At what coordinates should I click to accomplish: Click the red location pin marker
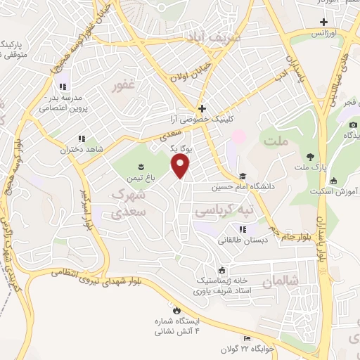point(181,166)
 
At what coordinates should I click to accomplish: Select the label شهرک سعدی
point(129,201)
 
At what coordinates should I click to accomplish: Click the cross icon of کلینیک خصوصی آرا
point(202,108)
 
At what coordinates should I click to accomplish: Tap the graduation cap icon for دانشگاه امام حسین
point(243,176)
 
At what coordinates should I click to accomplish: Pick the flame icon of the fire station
point(176,309)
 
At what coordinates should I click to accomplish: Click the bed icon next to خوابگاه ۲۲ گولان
point(245,338)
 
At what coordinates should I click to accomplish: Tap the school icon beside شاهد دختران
point(82,139)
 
